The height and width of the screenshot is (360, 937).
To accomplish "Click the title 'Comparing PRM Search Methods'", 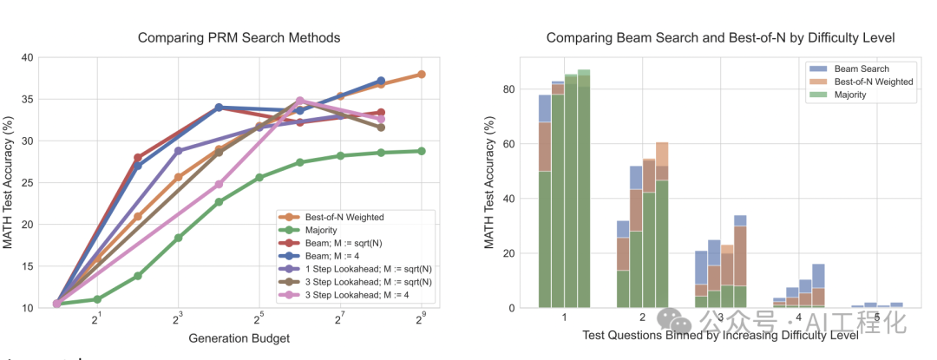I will coord(239,37).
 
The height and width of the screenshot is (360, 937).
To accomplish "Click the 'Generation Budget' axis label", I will coord(239,338).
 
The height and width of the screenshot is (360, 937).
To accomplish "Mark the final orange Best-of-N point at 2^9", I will coord(422,75).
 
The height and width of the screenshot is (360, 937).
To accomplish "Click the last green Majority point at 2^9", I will coord(422,151).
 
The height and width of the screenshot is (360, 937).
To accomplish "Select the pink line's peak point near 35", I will coord(300,101).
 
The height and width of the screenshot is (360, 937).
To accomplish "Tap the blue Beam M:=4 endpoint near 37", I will coord(381,81).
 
